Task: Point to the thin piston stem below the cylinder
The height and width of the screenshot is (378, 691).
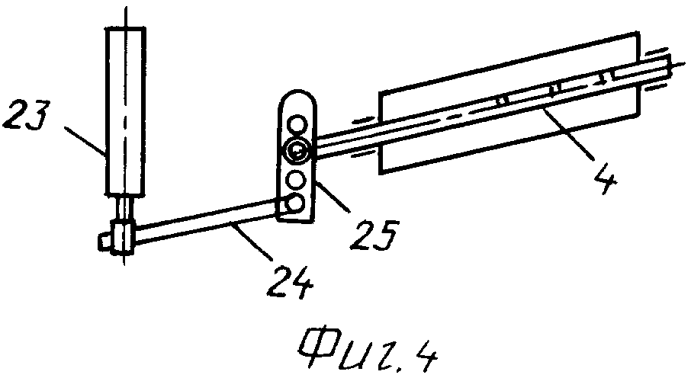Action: coord(124,207)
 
